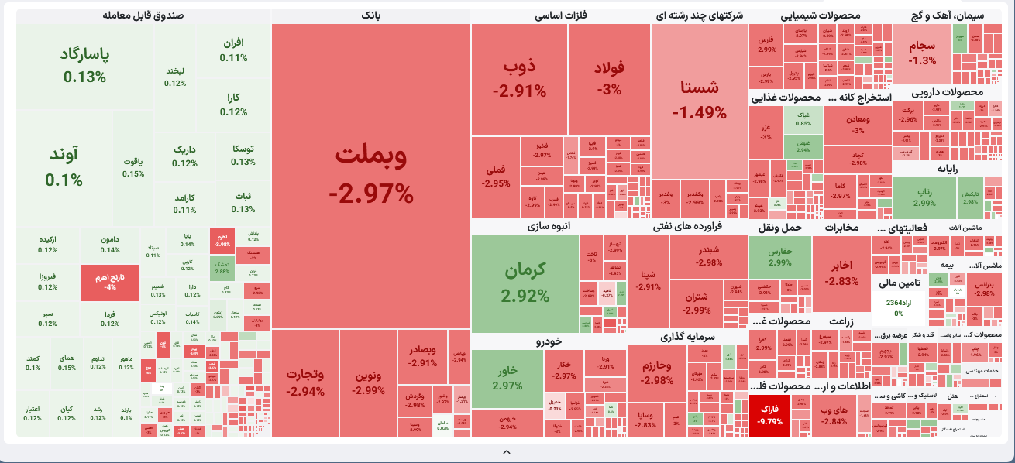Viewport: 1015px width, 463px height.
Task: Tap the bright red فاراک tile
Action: tap(769, 415)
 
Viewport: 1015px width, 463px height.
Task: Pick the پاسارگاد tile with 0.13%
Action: tap(85, 65)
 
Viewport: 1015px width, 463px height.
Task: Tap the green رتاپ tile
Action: tap(924, 197)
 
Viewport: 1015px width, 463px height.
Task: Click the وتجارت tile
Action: tap(305, 382)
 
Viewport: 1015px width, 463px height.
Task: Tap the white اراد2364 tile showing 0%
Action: tap(899, 307)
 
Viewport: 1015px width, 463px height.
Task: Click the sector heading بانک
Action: tap(371, 15)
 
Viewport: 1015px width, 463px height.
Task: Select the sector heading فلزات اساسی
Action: tap(559, 15)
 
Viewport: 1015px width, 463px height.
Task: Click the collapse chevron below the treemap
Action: tap(507, 451)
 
